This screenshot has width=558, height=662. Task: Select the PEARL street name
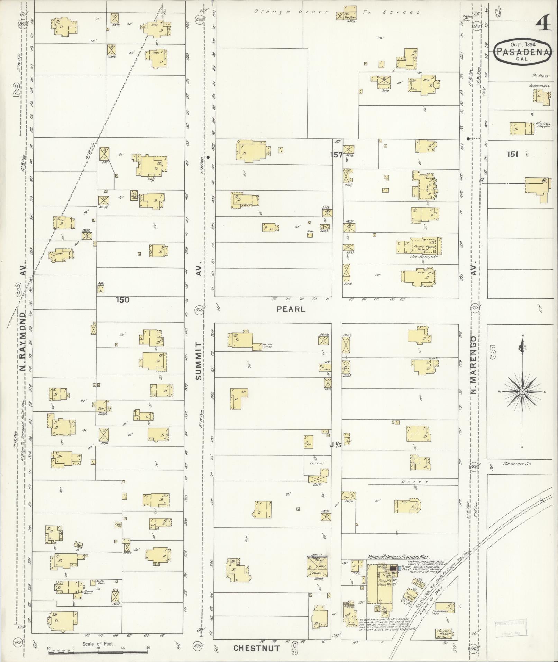pyautogui.click(x=291, y=309)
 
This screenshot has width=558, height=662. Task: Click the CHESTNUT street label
pyautogui.click(x=256, y=648)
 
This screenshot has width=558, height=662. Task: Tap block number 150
pyautogui.click(x=123, y=300)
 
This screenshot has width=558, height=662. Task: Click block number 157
pyautogui.click(x=336, y=155)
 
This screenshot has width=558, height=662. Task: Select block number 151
pyautogui.click(x=512, y=154)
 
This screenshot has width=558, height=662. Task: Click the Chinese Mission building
pyautogui.click(x=443, y=634)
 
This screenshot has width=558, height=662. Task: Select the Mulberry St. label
pyautogui.click(x=517, y=464)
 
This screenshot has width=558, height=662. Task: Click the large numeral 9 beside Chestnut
pyautogui.click(x=294, y=647)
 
